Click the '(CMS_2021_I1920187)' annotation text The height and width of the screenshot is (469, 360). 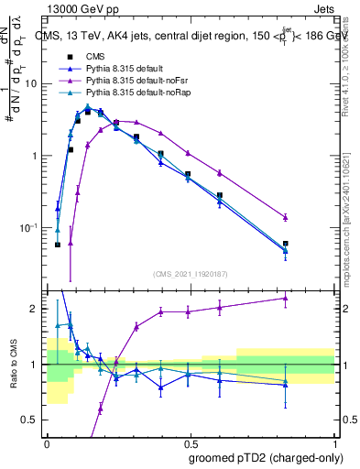pyautogui.click(x=191, y=273)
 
